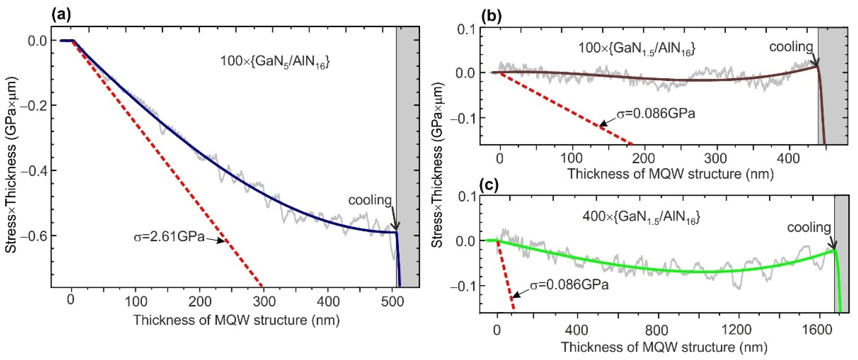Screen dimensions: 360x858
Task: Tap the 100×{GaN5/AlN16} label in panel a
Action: click(275, 62)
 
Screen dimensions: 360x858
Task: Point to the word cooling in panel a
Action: click(370, 200)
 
